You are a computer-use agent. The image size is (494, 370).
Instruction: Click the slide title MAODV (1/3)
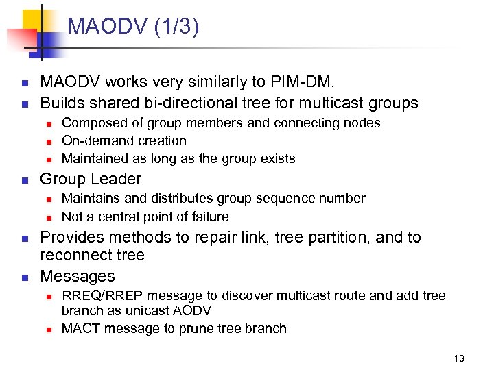point(133,27)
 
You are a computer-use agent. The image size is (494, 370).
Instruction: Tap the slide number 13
point(459,358)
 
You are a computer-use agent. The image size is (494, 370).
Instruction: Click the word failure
point(206,217)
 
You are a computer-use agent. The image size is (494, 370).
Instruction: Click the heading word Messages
point(78,277)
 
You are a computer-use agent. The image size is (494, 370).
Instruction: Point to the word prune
point(196,329)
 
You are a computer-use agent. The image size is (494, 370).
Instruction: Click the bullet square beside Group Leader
point(24,180)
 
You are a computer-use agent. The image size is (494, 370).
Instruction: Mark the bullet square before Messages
point(24,277)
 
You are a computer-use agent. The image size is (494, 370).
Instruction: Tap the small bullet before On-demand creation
point(49,142)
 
